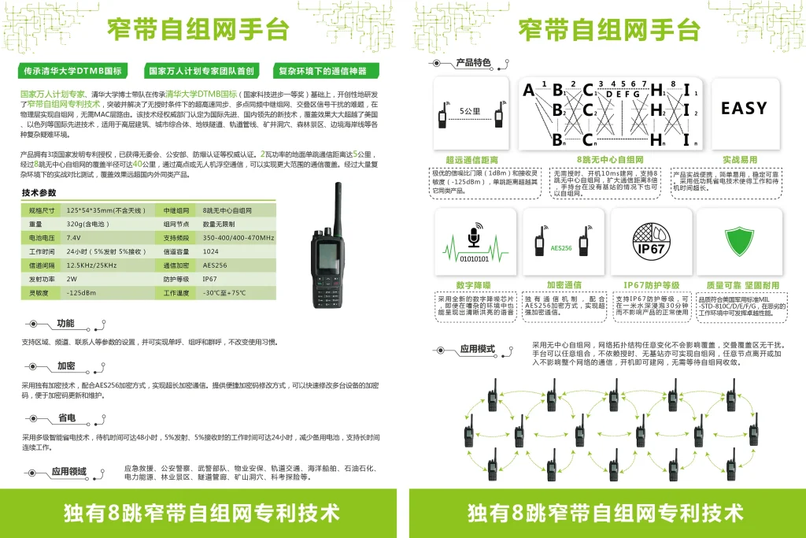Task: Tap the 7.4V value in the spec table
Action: (73, 237)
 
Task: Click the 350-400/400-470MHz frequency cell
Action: (238, 237)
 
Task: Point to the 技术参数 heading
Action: (39, 193)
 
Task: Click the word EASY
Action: (743, 109)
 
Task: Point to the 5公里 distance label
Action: (470, 112)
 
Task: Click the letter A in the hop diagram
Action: (529, 90)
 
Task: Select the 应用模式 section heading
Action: (477, 349)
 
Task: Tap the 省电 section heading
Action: (67, 418)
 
